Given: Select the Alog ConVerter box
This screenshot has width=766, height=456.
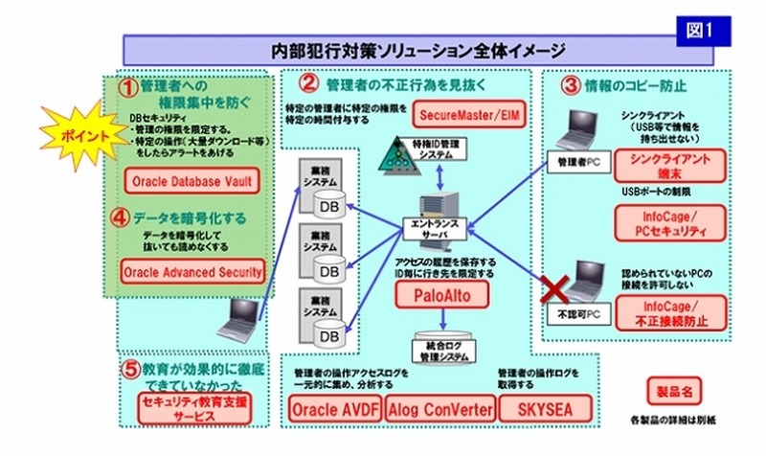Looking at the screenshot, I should pos(441,410).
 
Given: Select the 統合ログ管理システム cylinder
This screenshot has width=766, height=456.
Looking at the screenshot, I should pos(441,347).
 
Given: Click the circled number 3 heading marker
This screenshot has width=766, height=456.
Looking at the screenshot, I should pos(570,85).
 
